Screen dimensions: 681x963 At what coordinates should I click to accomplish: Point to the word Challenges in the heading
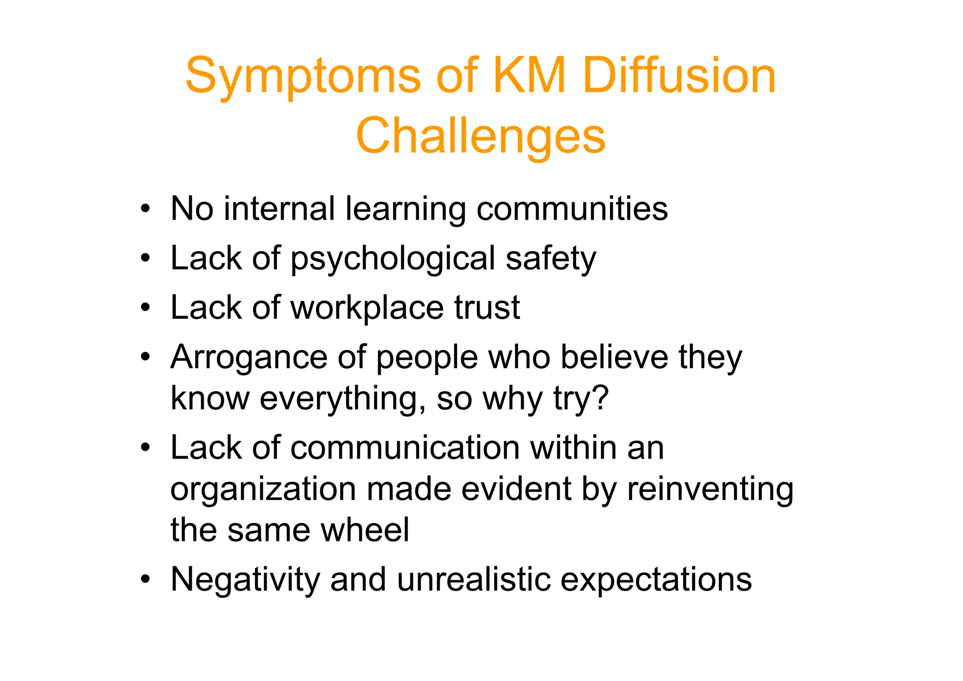(x=481, y=136)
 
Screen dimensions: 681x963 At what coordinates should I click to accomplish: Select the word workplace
(x=367, y=308)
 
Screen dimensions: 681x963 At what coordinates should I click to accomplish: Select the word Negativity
(x=245, y=580)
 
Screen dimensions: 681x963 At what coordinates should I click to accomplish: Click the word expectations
(x=656, y=580)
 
